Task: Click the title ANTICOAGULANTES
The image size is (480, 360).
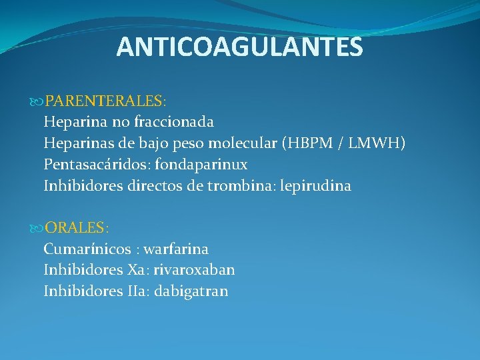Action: tap(239, 47)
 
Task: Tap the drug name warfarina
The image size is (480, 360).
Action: tap(176, 249)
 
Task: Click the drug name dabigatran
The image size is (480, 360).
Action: tap(191, 291)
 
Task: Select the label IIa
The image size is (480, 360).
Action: tap(135, 291)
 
